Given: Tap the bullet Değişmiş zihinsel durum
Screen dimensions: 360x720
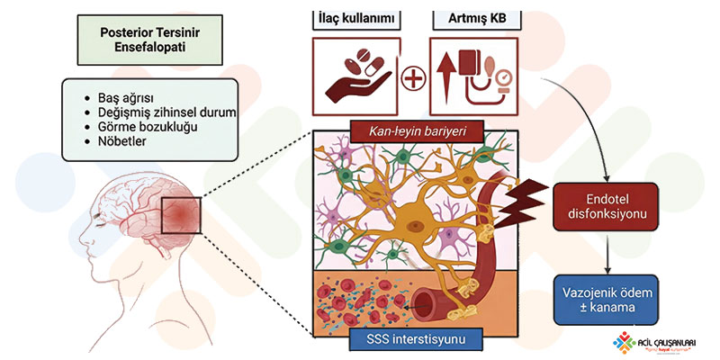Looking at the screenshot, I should tap(166, 112).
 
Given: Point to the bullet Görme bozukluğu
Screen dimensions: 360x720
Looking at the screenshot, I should tap(147, 127).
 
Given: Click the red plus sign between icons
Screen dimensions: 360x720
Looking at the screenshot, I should tap(413, 79).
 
